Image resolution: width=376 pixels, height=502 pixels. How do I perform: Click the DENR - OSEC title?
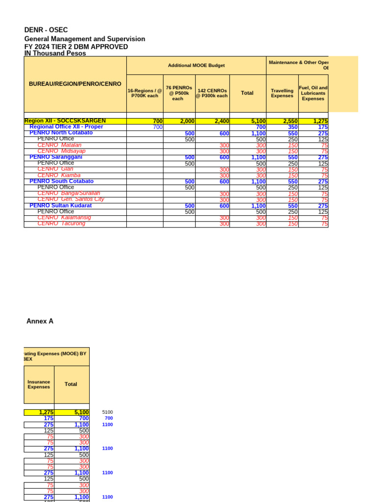(46, 30)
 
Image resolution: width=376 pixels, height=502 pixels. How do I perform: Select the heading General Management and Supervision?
(85, 39)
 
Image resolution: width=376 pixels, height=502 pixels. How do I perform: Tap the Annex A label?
(40, 321)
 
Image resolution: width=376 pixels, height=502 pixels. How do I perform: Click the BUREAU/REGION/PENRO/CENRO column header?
(75, 84)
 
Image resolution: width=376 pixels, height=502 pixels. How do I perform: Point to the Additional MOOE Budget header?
(196, 65)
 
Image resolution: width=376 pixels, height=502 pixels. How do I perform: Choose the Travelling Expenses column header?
(282, 93)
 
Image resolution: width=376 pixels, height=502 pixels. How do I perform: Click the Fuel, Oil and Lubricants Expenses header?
(313, 93)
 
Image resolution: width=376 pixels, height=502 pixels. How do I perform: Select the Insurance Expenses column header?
(39, 384)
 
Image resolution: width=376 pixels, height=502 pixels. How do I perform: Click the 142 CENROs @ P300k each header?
(212, 93)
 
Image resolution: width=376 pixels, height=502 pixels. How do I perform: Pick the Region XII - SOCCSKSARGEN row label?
(65, 121)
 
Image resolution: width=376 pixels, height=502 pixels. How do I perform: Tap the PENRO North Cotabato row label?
(61, 133)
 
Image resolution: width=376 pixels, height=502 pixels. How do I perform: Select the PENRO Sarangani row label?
(56, 157)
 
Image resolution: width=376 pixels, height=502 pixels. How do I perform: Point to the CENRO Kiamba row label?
(59, 175)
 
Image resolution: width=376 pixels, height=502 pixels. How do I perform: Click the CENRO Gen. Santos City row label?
(70, 199)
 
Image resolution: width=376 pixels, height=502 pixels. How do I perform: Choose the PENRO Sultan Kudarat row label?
(61, 205)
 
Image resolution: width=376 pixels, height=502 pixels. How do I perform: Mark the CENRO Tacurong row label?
(61, 224)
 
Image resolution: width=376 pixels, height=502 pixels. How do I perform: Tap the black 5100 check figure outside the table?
(107, 412)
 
